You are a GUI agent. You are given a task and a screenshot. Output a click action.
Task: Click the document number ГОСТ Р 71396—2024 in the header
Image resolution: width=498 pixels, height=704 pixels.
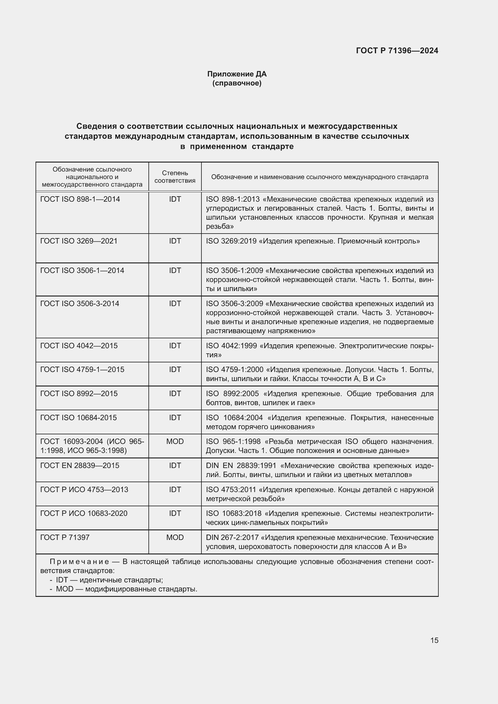click(x=397, y=51)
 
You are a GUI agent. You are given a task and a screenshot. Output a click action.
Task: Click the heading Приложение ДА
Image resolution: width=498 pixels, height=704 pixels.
click(x=237, y=74)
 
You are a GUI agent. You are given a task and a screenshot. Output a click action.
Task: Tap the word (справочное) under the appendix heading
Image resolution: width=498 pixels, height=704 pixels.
click(x=237, y=83)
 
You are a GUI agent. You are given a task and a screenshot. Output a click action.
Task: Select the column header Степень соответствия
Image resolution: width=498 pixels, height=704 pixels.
click(x=175, y=177)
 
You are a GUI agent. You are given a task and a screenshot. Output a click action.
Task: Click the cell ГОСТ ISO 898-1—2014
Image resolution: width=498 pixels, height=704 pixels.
click(x=80, y=199)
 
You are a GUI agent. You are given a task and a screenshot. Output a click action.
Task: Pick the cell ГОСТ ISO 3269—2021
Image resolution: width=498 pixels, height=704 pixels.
click(x=79, y=241)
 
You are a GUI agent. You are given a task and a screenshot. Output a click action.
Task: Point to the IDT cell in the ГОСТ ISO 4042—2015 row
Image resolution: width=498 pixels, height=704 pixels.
click(x=175, y=346)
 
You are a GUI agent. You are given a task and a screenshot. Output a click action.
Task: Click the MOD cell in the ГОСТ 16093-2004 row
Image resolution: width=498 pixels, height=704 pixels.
click(x=175, y=441)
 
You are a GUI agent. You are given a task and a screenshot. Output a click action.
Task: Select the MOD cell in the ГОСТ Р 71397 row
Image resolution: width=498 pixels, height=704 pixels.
click(x=175, y=537)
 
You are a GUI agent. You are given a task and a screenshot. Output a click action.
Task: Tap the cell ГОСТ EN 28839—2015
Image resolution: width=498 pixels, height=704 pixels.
click(x=80, y=465)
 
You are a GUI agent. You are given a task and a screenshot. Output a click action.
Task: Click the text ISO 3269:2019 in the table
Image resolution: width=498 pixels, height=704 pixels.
click(x=231, y=241)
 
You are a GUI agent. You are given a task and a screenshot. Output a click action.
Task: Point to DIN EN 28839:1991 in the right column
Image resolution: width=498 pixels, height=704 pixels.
click(x=241, y=465)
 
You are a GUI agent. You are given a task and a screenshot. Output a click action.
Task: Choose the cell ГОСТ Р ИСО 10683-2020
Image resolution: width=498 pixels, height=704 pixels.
click(x=84, y=513)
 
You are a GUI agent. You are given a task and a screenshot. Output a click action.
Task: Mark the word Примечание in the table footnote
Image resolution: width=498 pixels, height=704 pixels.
click(x=79, y=561)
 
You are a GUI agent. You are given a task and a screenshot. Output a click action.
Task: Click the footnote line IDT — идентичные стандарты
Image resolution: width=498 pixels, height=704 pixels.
click(x=109, y=580)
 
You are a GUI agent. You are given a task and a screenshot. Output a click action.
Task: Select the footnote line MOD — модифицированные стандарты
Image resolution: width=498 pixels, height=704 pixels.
click(x=126, y=589)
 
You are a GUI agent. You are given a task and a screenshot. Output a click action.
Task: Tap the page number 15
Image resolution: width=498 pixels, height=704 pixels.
click(x=434, y=640)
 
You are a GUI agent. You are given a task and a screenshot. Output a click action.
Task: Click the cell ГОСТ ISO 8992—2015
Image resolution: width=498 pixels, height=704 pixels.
click(x=79, y=393)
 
